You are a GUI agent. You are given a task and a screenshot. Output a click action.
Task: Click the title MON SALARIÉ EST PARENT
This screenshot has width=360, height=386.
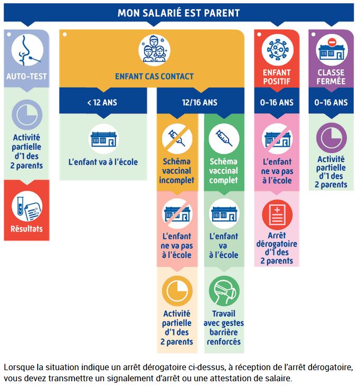178,13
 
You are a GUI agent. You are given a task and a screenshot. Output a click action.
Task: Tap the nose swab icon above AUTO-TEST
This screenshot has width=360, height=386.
27,50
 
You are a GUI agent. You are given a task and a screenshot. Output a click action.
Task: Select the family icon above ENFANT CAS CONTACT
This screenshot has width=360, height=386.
154,50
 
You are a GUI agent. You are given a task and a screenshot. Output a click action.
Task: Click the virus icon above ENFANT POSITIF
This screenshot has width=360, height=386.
277,50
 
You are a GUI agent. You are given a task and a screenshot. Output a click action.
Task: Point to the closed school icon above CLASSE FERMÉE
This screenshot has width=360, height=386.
331,50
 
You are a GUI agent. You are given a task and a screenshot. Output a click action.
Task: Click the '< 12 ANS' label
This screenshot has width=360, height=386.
102,102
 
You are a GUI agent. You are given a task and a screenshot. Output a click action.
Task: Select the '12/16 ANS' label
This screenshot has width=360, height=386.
200,102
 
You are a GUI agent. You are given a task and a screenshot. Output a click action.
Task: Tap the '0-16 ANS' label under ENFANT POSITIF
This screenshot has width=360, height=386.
277,102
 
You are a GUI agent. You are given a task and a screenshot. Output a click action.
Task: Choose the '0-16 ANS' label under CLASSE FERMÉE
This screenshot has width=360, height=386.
331,102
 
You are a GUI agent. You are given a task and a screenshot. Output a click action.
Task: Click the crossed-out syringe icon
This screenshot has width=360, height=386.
177,139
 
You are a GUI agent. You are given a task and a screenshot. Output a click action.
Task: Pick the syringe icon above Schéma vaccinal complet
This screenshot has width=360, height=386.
224,139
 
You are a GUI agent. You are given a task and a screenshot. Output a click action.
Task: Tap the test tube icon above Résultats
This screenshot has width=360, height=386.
27,206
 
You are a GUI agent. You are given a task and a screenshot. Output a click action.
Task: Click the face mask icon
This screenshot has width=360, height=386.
224,291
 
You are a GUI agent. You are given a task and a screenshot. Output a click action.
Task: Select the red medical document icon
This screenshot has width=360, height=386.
277,215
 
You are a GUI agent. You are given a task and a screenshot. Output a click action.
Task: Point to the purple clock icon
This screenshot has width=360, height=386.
331,138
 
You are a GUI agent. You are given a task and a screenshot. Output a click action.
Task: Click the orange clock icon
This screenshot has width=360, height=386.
177,291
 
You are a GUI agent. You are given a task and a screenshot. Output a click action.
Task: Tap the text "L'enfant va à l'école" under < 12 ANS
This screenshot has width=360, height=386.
103,162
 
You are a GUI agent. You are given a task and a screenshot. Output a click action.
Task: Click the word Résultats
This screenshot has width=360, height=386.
26,229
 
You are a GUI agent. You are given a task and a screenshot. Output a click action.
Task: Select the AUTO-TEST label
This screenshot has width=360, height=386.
26,77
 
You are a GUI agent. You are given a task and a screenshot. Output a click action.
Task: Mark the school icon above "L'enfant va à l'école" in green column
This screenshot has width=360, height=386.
224,214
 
